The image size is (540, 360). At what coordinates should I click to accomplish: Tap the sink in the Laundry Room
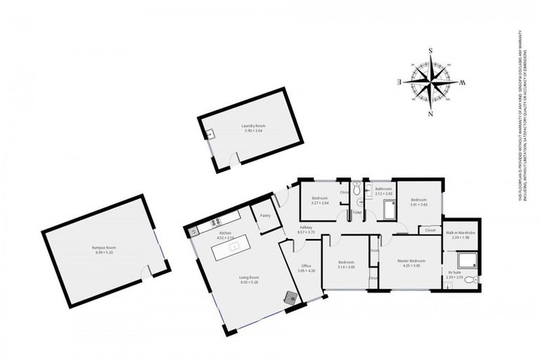tap(209, 133)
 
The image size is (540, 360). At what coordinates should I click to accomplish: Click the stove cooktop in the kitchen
tap(196, 227)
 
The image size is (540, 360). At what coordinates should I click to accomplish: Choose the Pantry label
tap(265, 216)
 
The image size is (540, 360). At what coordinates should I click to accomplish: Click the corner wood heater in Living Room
tap(290, 297)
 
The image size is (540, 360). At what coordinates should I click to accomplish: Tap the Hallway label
tap(306, 227)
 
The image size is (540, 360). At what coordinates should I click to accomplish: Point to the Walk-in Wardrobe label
tap(461, 232)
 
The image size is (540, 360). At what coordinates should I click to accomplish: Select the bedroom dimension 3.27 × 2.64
tap(320, 204)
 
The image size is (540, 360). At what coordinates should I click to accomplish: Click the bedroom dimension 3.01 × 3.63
tap(419, 204)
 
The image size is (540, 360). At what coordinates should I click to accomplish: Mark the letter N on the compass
tap(430, 113)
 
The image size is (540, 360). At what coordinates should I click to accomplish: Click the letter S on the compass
tap(430, 50)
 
